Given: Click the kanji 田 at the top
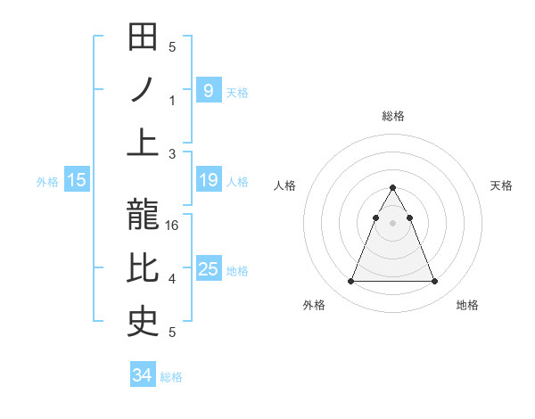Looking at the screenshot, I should (x=143, y=37).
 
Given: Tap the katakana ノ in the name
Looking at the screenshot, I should (x=143, y=90).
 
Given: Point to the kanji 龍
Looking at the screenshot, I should (x=143, y=216).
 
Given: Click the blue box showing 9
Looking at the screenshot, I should (x=208, y=90).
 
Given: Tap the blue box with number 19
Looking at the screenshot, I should (x=208, y=180).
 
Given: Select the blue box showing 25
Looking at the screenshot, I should (x=208, y=269).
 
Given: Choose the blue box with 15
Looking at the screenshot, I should (x=77, y=180).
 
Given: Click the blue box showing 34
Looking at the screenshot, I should (x=142, y=375).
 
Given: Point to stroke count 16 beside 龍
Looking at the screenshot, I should (x=173, y=226).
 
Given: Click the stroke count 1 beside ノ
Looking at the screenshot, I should (x=173, y=100).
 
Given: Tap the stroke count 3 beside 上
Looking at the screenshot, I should (x=173, y=154).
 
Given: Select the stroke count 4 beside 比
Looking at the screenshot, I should (x=173, y=279).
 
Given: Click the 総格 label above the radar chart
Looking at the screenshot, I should (x=393, y=116).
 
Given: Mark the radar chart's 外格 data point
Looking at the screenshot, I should (x=350, y=282).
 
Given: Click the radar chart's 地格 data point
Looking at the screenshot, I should (x=435, y=282).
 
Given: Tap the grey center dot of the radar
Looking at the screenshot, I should (x=392, y=223).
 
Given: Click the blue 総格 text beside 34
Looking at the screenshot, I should (x=171, y=377).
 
